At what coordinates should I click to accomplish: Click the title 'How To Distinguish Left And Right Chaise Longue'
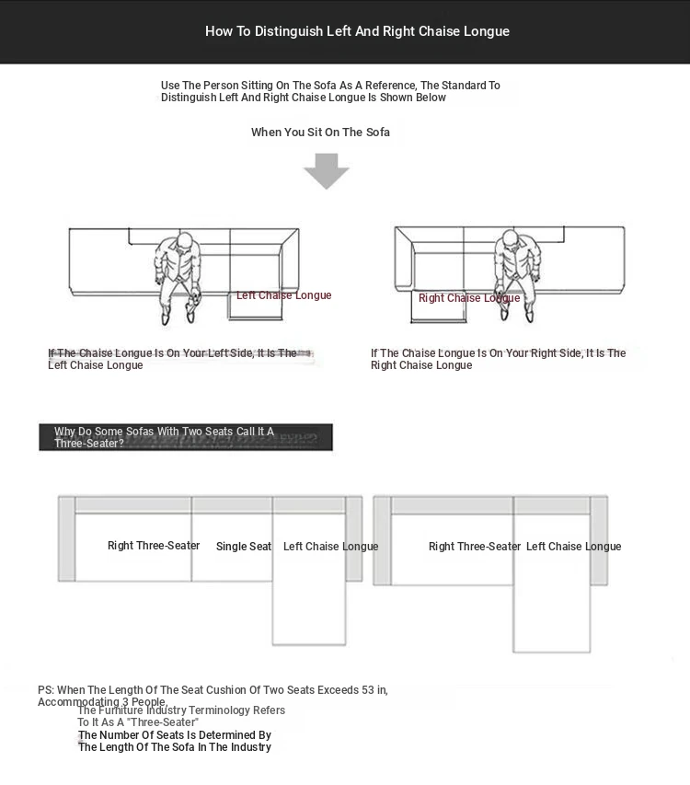[x=357, y=31]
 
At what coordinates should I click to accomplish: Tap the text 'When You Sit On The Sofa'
[x=320, y=133]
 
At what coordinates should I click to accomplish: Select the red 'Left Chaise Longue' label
[x=283, y=295]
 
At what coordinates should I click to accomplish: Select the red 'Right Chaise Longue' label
[x=469, y=298]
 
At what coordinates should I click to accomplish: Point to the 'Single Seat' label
[x=244, y=547]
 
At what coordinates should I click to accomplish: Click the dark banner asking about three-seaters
[x=185, y=437]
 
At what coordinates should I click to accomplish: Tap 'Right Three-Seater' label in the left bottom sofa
[x=154, y=546]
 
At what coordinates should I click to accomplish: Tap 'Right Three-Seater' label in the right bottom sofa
[x=475, y=547]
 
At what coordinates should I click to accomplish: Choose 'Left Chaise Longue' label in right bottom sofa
[x=573, y=547]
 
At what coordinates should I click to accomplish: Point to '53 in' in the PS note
[x=372, y=690]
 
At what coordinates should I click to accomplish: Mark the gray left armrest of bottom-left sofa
[x=66, y=539]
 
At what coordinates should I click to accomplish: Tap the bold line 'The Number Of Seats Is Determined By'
[x=175, y=735]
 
